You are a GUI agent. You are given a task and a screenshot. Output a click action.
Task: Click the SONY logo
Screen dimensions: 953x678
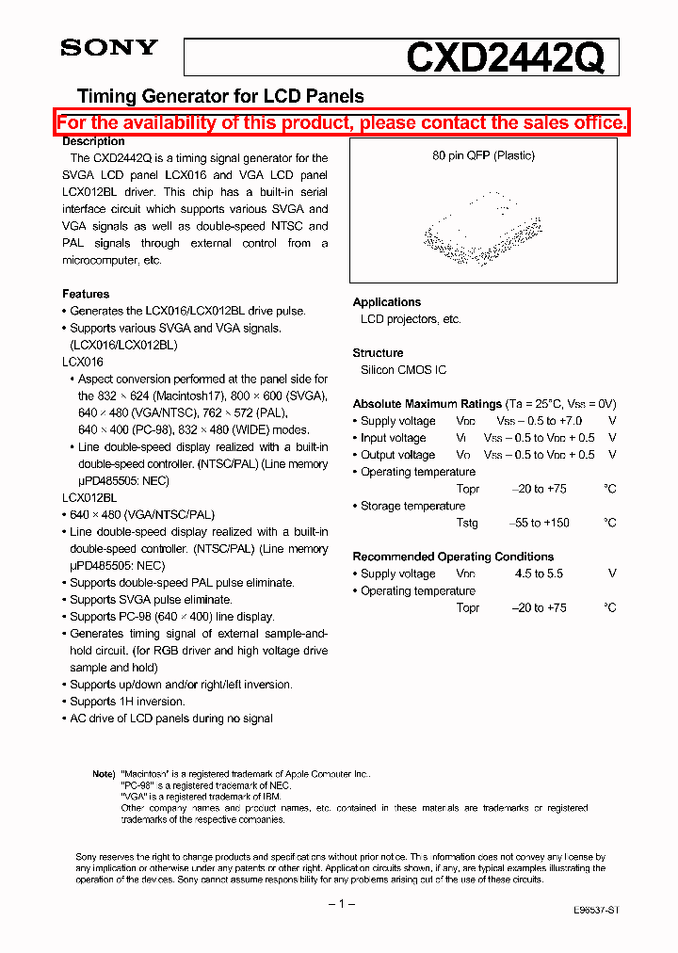(109, 48)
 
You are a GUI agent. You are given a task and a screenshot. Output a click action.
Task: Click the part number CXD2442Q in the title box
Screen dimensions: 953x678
(505, 58)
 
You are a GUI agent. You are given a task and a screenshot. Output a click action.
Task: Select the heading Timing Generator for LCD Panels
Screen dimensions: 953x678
(219, 96)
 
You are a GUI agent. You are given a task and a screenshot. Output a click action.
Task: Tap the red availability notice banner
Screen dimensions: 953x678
(341, 122)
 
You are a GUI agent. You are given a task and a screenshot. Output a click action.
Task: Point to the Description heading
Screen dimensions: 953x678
(93, 141)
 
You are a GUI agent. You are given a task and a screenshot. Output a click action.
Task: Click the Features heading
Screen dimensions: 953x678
(86, 294)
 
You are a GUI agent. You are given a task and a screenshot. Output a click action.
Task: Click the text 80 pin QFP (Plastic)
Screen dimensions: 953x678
(483, 155)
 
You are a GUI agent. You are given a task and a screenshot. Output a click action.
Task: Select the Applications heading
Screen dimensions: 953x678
(386, 302)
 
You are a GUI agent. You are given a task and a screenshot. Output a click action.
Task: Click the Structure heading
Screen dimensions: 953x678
(378, 353)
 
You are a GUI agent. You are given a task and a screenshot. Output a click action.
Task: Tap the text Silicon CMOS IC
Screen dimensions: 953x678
(403, 370)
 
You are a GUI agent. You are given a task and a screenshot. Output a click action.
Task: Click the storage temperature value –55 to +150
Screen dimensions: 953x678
(540, 523)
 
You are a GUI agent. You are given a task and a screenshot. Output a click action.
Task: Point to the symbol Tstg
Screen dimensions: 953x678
(467, 523)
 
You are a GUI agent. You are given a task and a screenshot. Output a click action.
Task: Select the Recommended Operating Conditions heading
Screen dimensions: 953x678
(453, 557)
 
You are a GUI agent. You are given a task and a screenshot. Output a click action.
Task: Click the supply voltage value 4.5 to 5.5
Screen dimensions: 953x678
(539, 573)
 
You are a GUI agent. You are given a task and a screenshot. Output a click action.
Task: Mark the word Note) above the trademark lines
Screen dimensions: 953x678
(104, 774)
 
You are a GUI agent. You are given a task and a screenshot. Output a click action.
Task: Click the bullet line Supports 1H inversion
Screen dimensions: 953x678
(127, 702)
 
